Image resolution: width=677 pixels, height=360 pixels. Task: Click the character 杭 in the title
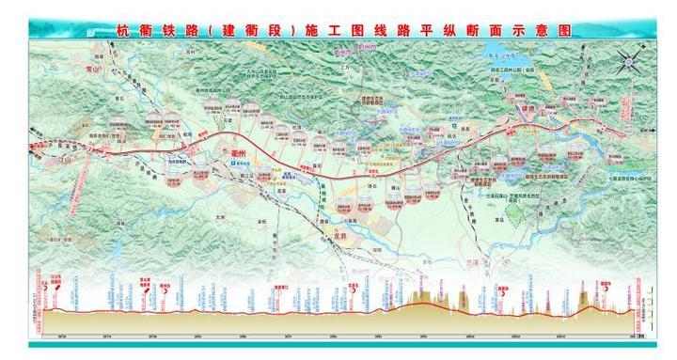pos(121,30)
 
